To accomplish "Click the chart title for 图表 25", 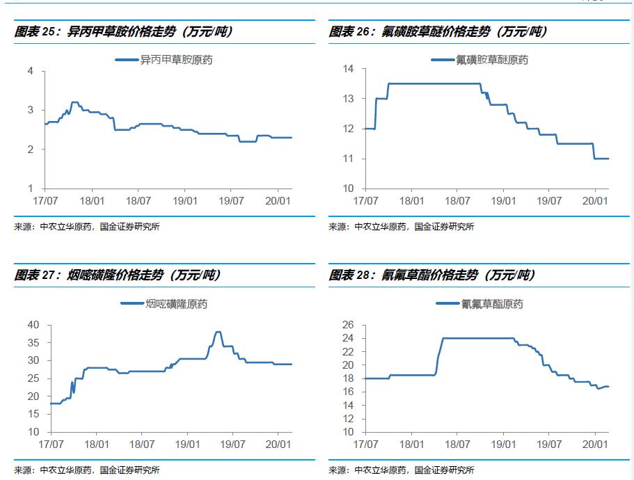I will [x=124, y=32].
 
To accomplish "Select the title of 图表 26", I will [x=438, y=32].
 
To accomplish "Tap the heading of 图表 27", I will [x=118, y=275].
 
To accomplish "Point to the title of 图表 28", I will [x=433, y=275].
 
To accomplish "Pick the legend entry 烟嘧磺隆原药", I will [x=176, y=304].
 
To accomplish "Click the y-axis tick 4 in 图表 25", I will [x=31, y=71].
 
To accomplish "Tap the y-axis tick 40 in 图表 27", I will [x=34, y=325].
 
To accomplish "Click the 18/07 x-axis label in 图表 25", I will [x=139, y=201].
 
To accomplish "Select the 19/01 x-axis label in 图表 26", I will [x=503, y=201].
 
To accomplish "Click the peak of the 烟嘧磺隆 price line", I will [x=218, y=332].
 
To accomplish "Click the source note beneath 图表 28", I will [x=402, y=470].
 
